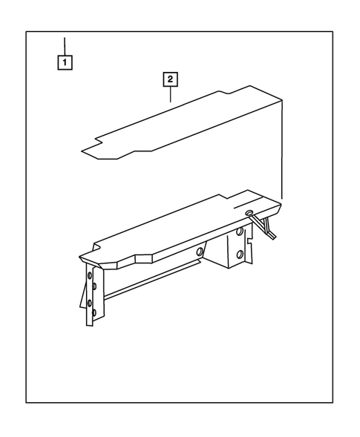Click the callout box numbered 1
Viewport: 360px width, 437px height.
[x=66, y=63]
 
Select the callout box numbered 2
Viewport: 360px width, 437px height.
[x=171, y=78]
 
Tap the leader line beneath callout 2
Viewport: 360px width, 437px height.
[x=171, y=93]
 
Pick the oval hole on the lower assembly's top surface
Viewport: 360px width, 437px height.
[x=249, y=212]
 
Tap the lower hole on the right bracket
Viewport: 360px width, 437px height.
[x=240, y=256]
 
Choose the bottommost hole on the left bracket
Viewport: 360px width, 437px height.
[x=90, y=316]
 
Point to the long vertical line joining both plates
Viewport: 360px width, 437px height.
[x=282, y=148]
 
